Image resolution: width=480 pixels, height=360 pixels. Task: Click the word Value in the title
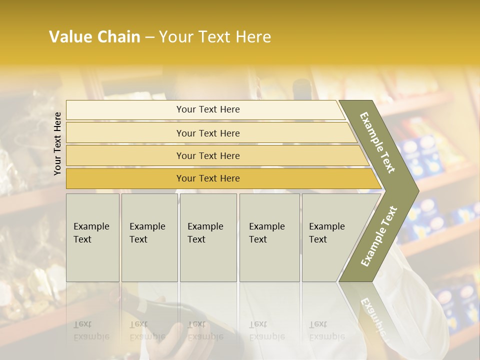(x=69, y=37)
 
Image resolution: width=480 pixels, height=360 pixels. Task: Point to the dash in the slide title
(x=149, y=37)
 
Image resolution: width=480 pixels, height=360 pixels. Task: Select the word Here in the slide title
(x=253, y=37)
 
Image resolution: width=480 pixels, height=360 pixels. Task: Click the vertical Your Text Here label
(x=57, y=143)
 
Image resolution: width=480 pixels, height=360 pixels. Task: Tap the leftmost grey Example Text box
(x=92, y=237)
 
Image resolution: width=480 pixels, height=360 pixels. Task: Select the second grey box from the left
(x=149, y=237)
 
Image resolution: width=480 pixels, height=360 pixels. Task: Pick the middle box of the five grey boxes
(x=208, y=237)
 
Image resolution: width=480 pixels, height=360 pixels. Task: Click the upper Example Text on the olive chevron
(x=377, y=142)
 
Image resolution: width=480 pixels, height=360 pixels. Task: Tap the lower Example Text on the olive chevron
(x=379, y=236)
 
